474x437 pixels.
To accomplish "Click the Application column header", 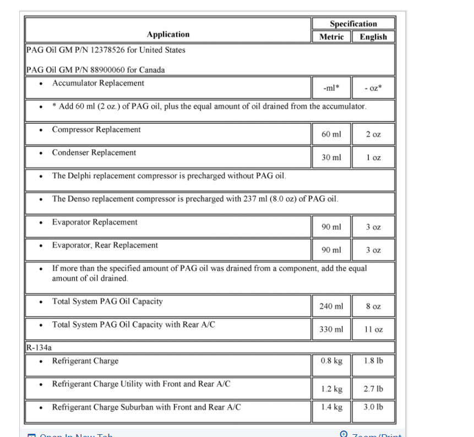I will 168,34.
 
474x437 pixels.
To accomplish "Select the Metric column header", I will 331,37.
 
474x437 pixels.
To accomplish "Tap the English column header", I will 373,37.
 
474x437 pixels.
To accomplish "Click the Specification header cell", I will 353,24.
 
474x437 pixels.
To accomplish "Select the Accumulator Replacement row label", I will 98,83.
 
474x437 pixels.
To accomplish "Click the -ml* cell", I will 331,88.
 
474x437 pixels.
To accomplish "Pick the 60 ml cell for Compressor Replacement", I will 331,134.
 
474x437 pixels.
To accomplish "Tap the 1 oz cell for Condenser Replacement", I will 373,157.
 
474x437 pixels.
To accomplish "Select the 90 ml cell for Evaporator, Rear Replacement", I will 331,250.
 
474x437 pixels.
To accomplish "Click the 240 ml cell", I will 331,306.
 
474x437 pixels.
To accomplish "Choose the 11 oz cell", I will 373,329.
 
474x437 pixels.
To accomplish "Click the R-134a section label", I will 39,348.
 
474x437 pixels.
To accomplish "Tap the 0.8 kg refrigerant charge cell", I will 331,361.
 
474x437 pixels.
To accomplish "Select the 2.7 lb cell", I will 373,389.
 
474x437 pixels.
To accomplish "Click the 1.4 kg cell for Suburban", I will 331,407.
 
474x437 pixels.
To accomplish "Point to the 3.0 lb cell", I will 373,407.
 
